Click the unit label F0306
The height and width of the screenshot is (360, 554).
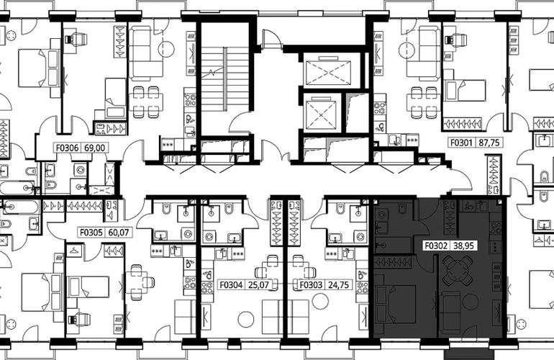pyautogui.click(x=68, y=148)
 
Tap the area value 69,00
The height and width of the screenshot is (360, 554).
pyautogui.click(x=95, y=148)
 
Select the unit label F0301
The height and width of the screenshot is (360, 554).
pyautogui.click(x=462, y=143)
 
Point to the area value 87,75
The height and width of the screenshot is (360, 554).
pyautogui.click(x=489, y=143)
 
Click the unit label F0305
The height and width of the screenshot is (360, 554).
pyautogui.click(x=91, y=233)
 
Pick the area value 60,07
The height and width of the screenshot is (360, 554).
pyautogui.click(x=119, y=233)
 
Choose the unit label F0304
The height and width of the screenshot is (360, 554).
pyautogui.click(x=232, y=284)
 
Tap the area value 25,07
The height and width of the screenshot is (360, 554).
pyautogui.click(x=258, y=284)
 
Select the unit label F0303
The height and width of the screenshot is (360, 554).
pyautogui.click(x=312, y=284)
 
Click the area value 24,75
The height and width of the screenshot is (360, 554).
pyautogui.click(x=338, y=284)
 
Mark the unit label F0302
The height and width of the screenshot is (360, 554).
pyautogui.click(x=436, y=246)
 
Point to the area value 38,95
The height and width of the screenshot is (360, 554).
pyautogui.click(x=463, y=246)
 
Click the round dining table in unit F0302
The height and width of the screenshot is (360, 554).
pyautogui.click(x=458, y=271)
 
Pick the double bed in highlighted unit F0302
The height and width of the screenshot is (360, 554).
pyautogui.click(x=395, y=304)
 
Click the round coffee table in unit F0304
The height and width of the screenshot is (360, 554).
pyautogui.click(x=246, y=320)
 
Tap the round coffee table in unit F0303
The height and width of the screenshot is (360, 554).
pyautogui.click(x=321, y=301)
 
